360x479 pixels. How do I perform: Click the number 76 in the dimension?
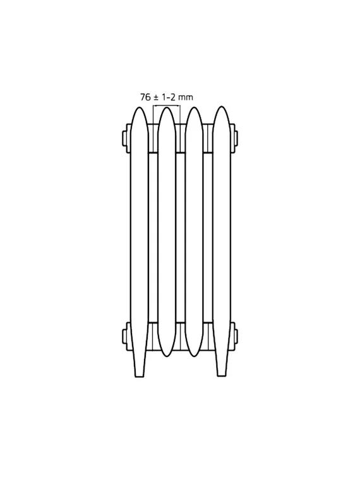coord(145,97)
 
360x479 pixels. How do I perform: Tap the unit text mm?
coord(186,98)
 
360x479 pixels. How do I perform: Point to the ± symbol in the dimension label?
coord(155,97)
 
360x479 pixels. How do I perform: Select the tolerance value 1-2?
coord(168,97)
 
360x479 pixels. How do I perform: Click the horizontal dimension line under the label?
coord(166,106)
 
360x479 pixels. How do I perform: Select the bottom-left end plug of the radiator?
coord(126,336)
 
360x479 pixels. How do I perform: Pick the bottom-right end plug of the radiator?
coord(234,336)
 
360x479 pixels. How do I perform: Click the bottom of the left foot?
coord(139,376)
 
